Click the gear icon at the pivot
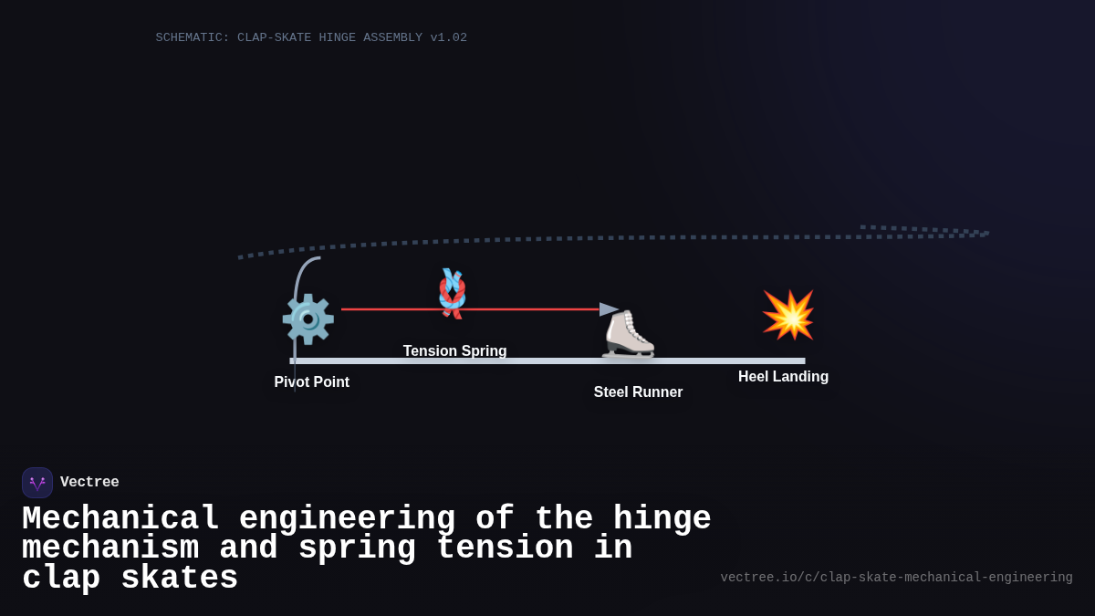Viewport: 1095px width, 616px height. point(308,318)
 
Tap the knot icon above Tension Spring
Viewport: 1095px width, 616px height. point(452,293)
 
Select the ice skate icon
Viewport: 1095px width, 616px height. point(628,334)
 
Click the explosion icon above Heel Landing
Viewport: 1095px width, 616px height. point(788,315)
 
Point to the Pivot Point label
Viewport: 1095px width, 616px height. point(312,382)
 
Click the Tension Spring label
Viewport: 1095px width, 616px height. point(455,351)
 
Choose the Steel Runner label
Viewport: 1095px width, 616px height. point(638,392)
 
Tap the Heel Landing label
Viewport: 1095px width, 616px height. point(783,377)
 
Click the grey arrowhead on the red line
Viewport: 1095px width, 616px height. point(609,309)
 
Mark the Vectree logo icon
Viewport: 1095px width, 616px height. point(37,483)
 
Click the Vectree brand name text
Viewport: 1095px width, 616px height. point(89,483)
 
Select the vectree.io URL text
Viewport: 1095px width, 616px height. point(896,578)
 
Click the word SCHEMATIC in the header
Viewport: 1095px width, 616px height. point(193,38)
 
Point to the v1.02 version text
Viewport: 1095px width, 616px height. point(449,38)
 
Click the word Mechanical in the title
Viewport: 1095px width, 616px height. point(120,519)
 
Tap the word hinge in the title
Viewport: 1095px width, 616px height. point(662,519)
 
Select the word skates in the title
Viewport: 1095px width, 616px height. point(179,579)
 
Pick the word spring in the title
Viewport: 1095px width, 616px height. point(357,548)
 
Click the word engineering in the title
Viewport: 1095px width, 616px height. point(347,519)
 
